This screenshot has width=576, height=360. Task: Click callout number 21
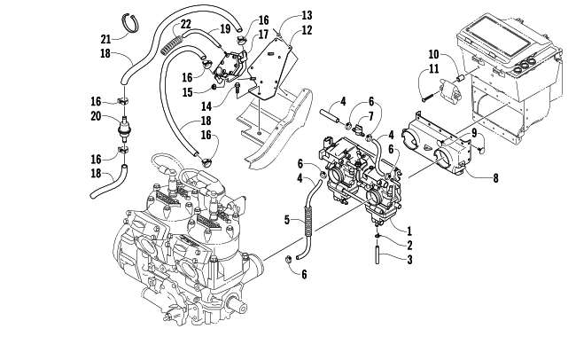click(x=105, y=39)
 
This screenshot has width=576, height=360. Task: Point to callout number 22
click(x=185, y=24)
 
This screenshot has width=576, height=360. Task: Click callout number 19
click(x=213, y=29)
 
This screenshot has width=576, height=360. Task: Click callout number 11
click(x=434, y=70)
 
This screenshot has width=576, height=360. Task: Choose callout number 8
click(x=494, y=178)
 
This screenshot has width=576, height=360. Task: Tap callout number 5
click(x=287, y=218)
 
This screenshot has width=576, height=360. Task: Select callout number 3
click(x=409, y=261)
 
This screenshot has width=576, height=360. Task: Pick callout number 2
click(x=409, y=245)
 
